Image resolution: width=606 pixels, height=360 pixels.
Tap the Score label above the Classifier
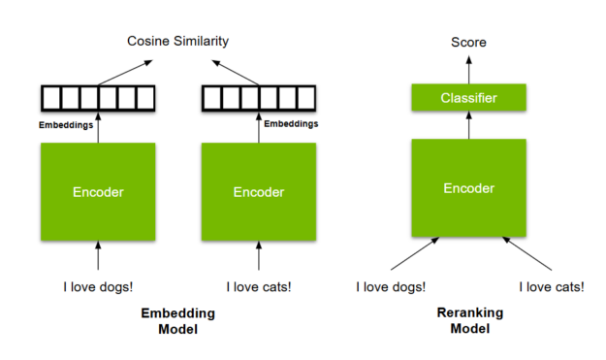click(468, 42)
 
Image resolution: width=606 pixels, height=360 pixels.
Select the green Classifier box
click(468, 97)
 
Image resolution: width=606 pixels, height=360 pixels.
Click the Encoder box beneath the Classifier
click(468, 188)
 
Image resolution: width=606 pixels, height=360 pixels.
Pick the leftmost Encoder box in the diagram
click(98, 192)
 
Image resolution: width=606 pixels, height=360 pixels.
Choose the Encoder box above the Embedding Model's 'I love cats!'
click(259, 192)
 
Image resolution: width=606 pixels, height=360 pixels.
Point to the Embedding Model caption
click(177, 321)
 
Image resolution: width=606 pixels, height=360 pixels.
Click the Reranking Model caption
click(468, 321)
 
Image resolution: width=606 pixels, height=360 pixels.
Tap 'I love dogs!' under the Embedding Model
click(98, 286)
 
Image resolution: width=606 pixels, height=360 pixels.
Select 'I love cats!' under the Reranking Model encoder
click(552, 286)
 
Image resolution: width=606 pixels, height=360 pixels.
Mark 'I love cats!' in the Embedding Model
click(259, 286)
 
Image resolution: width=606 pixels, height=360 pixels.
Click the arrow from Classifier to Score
click(468, 68)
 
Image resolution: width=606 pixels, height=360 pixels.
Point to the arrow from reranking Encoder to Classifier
click(468, 124)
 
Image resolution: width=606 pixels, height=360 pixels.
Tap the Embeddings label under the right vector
click(291, 124)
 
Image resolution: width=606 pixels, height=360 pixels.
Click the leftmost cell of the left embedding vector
click(50, 98)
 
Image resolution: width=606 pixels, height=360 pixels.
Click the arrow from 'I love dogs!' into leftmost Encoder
click(98, 256)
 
